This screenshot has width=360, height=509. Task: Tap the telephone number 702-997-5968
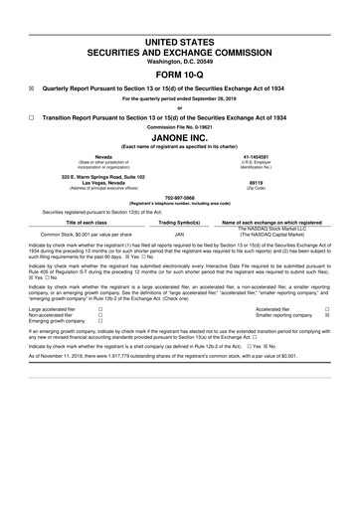[180, 196]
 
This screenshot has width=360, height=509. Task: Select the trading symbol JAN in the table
[180, 235]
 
